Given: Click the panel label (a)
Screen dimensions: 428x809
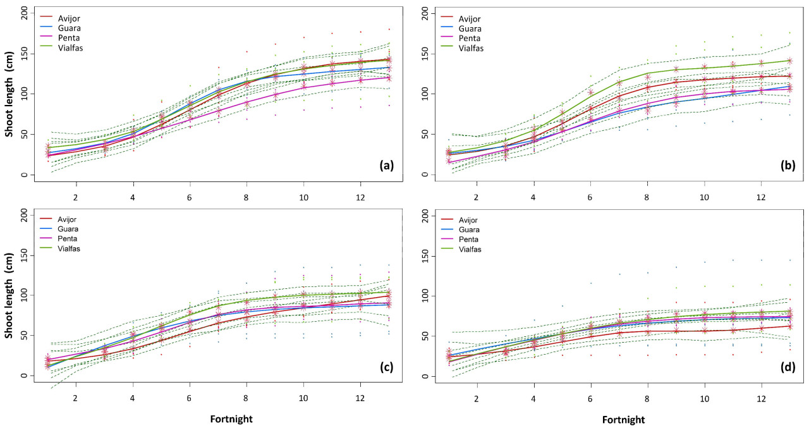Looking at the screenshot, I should click(387, 166).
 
